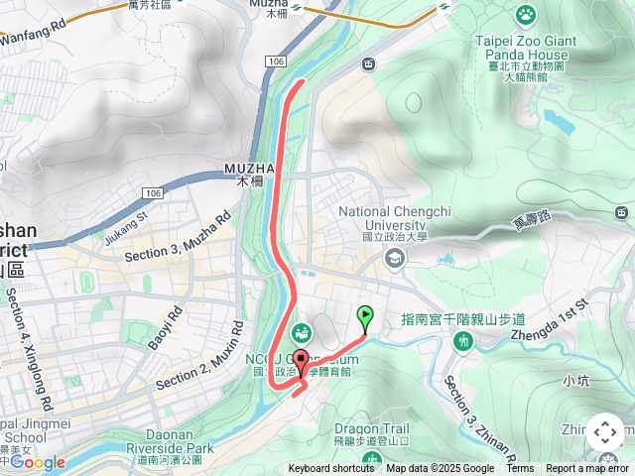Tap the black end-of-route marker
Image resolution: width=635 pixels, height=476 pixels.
(x=302, y=358)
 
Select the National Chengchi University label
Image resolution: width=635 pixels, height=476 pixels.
(x=395, y=217)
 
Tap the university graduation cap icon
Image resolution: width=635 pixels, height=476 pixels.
(x=395, y=258)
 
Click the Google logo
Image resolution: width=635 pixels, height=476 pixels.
(x=37, y=462)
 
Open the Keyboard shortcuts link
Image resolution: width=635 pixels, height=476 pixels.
(x=331, y=469)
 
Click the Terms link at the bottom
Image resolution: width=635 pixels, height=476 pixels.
(x=520, y=469)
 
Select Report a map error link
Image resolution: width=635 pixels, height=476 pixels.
(x=587, y=469)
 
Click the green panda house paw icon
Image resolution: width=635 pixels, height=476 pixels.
(x=525, y=14)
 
